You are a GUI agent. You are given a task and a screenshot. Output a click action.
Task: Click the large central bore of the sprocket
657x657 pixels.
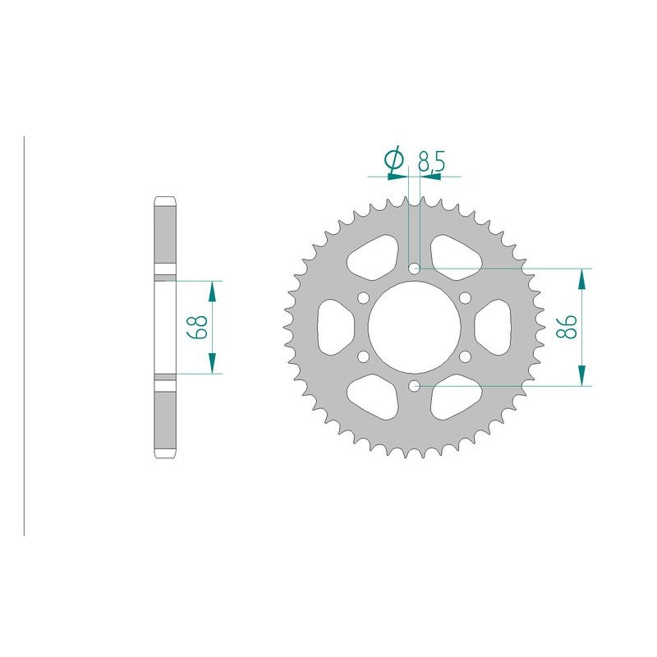[x=414, y=326]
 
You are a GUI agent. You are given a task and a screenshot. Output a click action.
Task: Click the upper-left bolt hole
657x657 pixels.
[x=364, y=297]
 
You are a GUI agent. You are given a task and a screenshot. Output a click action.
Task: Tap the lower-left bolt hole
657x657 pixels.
[x=364, y=356]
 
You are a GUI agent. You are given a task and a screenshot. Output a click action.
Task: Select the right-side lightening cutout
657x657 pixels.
[x=494, y=326]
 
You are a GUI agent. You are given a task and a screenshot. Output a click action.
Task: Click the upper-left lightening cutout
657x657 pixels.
[x=374, y=255]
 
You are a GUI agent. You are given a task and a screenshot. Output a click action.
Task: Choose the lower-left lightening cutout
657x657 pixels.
[x=374, y=397]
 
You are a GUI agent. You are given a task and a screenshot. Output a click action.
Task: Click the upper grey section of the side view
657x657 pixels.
[x=163, y=237]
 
